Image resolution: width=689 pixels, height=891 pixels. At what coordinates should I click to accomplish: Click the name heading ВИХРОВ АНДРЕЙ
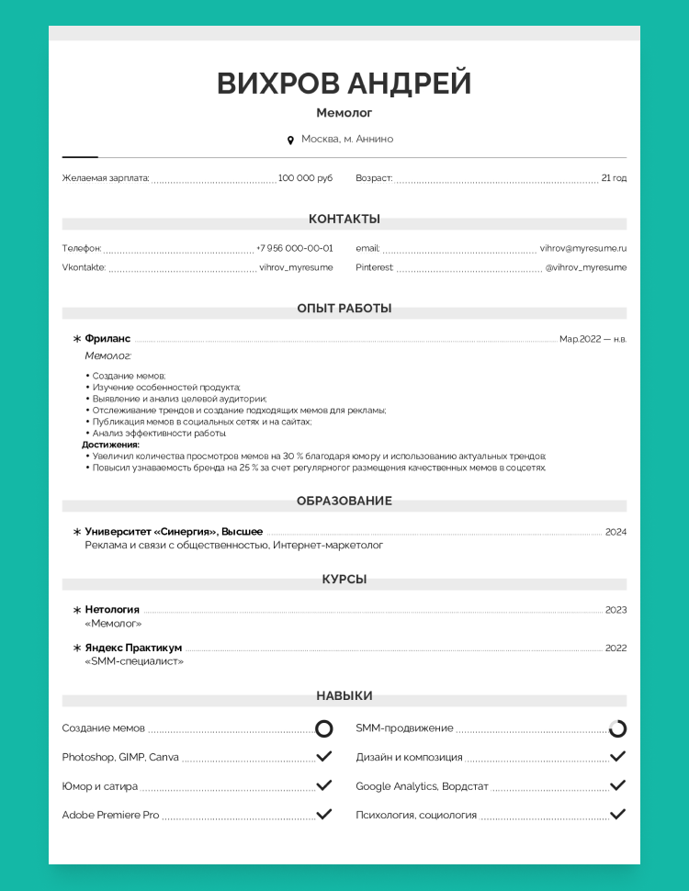[344, 84]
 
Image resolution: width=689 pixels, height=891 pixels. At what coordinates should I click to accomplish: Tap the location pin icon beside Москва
[290, 140]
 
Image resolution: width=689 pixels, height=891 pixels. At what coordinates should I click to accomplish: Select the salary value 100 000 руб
[305, 178]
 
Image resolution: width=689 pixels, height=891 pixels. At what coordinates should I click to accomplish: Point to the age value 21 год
[614, 178]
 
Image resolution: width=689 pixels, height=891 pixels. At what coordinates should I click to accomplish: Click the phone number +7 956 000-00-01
[295, 248]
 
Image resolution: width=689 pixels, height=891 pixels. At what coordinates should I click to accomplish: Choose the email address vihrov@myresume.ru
[582, 248]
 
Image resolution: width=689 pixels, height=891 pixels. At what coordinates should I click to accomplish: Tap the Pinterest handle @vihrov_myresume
[585, 267]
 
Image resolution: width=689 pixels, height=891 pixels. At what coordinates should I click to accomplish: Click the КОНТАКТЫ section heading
[344, 220]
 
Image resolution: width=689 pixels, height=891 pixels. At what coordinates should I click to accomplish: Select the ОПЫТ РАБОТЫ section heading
[344, 309]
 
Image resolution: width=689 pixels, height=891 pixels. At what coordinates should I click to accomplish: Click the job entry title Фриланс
[107, 339]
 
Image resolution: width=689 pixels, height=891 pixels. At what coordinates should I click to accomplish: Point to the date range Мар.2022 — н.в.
[593, 339]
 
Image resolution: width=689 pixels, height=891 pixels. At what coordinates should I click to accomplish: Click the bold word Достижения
[111, 445]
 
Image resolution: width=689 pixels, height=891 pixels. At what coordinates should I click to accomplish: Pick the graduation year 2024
[616, 532]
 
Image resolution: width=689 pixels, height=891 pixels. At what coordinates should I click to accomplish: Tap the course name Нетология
[112, 609]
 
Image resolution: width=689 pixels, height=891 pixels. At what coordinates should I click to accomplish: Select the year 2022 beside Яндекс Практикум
[616, 648]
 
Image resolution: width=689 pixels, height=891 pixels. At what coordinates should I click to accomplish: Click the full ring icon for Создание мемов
[323, 728]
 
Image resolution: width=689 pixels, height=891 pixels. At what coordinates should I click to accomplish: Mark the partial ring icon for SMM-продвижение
[617, 728]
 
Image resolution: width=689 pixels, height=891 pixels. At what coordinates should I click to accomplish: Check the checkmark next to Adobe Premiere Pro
[323, 814]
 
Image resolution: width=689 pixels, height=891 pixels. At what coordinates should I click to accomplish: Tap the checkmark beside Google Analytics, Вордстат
[617, 785]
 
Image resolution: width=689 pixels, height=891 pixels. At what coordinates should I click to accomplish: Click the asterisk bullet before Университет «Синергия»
[77, 532]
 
